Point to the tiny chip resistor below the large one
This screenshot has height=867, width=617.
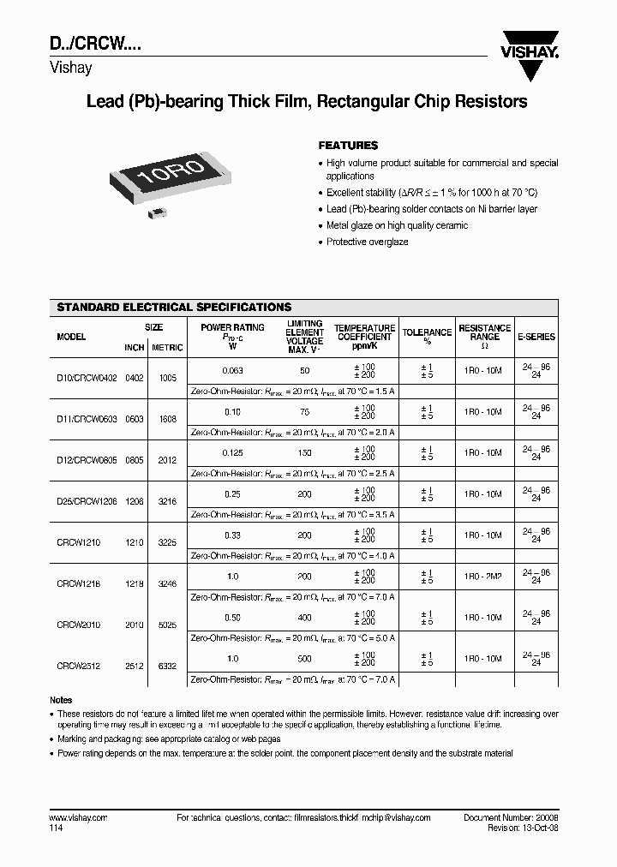pyautogui.click(x=157, y=210)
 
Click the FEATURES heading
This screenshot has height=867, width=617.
pyautogui.click(x=348, y=146)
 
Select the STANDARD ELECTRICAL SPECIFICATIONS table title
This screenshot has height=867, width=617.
pyautogui.click(x=174, y=307)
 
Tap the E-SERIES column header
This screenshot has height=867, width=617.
pyautogui.click(x=536, y=338)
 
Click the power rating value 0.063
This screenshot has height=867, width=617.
pyautogui.click(x=232, y=370)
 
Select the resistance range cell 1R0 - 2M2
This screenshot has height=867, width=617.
pyautogui.click(x=484, y=576)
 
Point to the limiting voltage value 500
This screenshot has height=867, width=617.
pyautogui.click(x=304, y=658)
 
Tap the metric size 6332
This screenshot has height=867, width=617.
pyautogui.click(x=167, y=666)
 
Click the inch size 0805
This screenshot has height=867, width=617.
pyautogui.click(x=135, y=460)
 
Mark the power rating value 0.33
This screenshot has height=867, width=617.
pyautogui.click(x=232, y=535)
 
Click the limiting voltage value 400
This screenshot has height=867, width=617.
pyautogui.click(x=304, y=617)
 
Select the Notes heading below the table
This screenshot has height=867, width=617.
pyautogui.click(x=61, y=700)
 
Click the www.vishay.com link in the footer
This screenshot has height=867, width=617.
pyautogui.click(x=78, y=818)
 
